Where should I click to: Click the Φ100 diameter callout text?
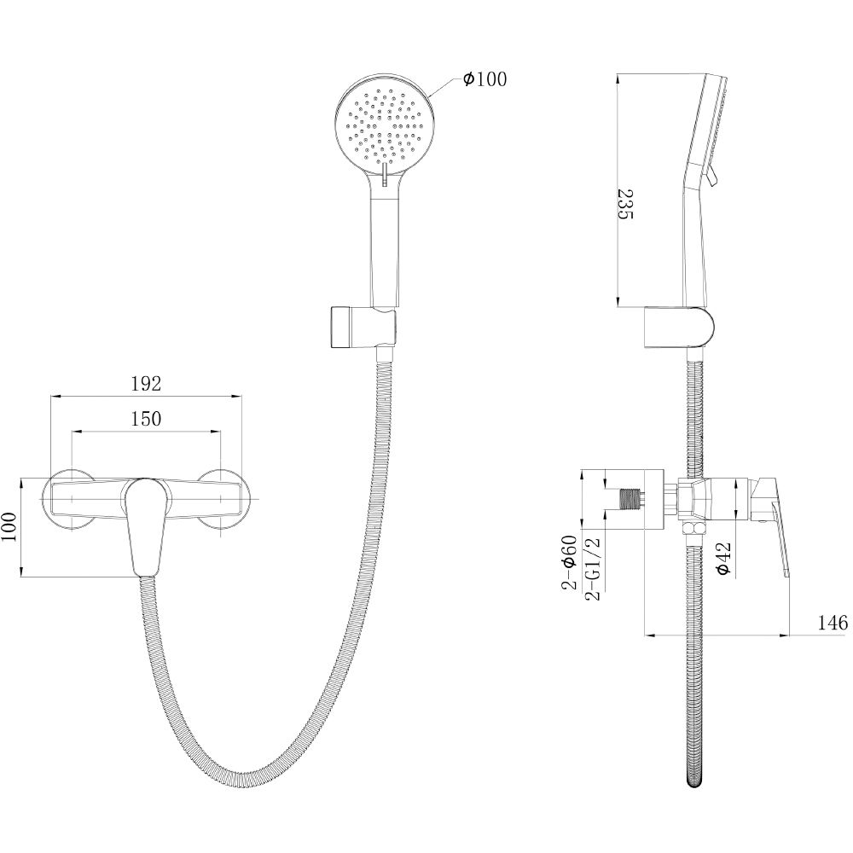[485, 79]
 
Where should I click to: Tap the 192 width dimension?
[147, 384]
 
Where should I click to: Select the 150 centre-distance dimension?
[147, 418]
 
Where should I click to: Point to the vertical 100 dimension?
[9, 526]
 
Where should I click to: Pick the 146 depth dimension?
[833, 622]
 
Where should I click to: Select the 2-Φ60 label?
[569, 562]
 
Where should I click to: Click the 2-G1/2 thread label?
[594, 568]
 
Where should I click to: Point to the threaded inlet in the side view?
[631, 499]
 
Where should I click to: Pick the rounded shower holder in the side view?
[679, 327]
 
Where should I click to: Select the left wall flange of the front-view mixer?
[71, 498]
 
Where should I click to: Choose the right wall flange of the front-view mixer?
[222, 498]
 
